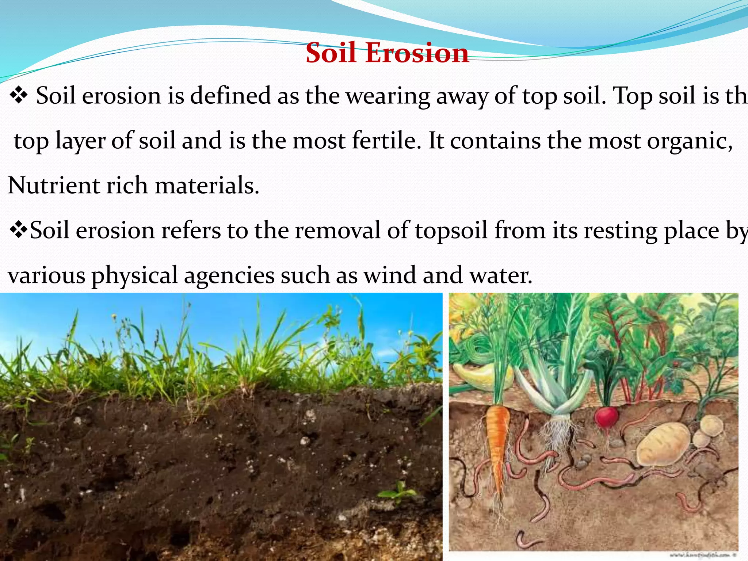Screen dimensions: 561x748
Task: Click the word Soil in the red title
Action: pos(331,53)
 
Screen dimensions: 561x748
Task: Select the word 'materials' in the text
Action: pos(206,186)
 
